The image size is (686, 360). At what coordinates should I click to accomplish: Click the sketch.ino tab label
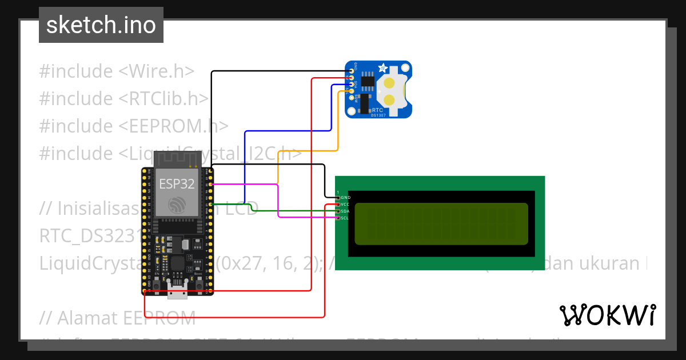pyautogui.click(x=101, y=25)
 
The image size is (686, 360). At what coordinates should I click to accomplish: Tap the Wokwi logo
pyautogui.click(x=607, y=315)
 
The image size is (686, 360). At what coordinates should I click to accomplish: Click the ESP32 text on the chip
pyautogui.click(x=176, y=183)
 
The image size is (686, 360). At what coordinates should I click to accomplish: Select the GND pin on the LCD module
pyautogui.click(x=338, y=197)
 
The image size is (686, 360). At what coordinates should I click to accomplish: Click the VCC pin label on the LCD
pyautogui.click(x=345, y=204)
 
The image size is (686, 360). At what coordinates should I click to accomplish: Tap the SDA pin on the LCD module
pyautogui.click(x=338, y=211)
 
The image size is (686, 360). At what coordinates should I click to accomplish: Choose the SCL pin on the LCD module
pyautogui.click(x=338, y=218)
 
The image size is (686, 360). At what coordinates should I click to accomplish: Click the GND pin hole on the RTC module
pyautogui.click(x=350, y=71)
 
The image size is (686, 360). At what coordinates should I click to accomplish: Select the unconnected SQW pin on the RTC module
pyautogui.click(x=350, y=98)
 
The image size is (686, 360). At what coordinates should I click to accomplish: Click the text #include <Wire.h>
pyautogui.click(x=117, y=71)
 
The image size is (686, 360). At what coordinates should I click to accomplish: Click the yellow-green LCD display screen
pyautogui.click(x=441, y=223)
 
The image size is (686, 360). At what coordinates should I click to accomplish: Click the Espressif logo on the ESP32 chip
pyautogui.click(x=176, y=205)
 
